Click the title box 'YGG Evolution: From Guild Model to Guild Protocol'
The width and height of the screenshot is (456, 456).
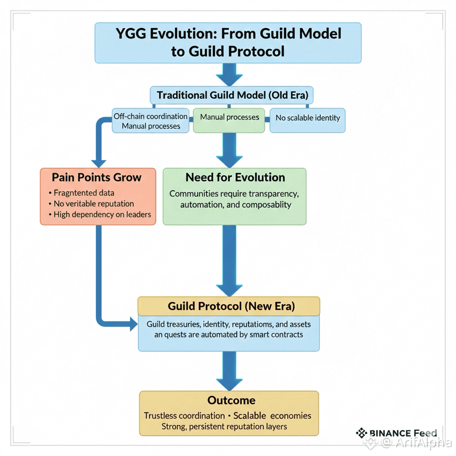pos(228,43)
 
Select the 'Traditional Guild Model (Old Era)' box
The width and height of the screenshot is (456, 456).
pos(231,95)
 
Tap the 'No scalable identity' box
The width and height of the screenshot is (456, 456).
pos(307,121)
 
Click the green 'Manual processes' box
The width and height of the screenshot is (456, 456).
pos(229,121)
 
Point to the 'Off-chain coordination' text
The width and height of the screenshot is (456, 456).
pos(150,116)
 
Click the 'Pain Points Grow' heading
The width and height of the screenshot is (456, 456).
pos(96,177)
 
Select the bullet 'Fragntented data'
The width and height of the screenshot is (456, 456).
pos(82,193)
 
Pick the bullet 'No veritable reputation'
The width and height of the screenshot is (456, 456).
pos(91,204)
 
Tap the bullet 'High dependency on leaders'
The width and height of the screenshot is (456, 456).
pos(100,214)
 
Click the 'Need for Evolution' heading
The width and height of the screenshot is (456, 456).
pos(235,177)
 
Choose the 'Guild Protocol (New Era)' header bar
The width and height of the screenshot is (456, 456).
pos(229,306)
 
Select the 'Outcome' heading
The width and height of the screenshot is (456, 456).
pos(231,400)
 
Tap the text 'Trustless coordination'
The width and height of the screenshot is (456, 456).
pos(184,416)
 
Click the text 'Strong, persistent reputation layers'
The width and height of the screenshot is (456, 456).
pos(224,426)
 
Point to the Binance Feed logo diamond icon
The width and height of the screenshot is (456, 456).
pos(361,433)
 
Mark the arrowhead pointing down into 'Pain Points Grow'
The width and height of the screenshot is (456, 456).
pos(99,164)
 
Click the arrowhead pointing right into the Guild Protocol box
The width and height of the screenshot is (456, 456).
pos(133,324)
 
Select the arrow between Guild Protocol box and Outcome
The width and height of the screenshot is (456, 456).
pos(229,371)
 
